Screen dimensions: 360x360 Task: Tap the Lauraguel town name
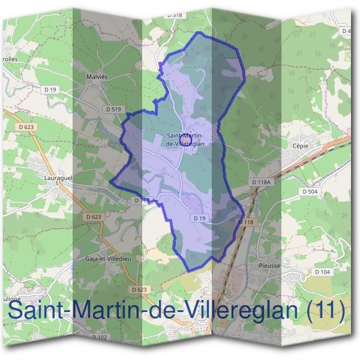point(59,178)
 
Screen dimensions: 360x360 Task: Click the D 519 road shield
point(113,109)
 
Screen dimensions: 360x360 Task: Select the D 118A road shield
point(262,181)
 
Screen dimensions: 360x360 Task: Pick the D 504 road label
point(310,191)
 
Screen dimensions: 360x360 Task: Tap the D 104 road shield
point(322,272)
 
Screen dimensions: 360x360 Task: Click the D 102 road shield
point(100,338)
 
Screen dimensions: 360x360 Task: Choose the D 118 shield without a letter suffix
point(247,222)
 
